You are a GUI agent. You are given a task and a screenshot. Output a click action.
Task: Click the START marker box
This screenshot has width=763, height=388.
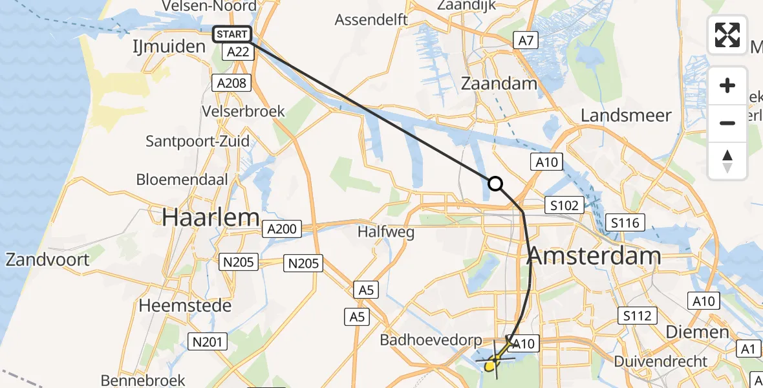click(x=231, y=34)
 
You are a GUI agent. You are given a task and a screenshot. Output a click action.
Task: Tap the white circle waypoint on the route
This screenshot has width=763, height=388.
click(x=495, y=184)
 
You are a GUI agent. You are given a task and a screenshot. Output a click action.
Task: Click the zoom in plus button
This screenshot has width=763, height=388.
click(x=727, y=86)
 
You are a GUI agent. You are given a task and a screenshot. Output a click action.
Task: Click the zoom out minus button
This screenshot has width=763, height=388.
click(x=727, y=123)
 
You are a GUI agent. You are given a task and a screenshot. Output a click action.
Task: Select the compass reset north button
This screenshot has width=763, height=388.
click(x=727, y=160)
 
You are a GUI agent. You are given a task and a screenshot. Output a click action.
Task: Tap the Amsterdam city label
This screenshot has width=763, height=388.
click(x=594, y=256)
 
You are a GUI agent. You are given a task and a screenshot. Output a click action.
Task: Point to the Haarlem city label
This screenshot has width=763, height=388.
click(x=211, y=217)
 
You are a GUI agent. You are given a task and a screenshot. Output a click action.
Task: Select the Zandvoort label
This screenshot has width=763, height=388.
click(x=47, y=260)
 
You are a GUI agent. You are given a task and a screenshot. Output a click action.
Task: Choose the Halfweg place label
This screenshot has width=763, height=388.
click(x=386, y=232)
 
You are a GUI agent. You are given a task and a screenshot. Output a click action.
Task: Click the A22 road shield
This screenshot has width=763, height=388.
click(x=238, y=52)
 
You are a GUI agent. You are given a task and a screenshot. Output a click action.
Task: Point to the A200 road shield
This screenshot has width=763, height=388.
click(x=282, y=228)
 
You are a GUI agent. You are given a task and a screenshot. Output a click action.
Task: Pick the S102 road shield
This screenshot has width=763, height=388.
click(x=564, y=206)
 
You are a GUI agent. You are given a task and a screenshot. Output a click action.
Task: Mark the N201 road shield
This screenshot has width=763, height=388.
click(x=207, y=341)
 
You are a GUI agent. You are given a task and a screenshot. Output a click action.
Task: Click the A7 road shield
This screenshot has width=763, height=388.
click(x=526, y=41)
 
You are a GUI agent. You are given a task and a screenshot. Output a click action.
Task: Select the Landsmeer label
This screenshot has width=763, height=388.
click(x=626, y=116)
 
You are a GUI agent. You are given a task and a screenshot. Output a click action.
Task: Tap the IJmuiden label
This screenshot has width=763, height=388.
click(x=169, y=47)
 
